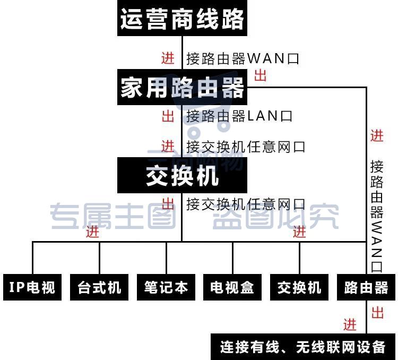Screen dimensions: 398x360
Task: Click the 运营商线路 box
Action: click(182, 18)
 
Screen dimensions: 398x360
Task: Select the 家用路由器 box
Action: click(182, 87)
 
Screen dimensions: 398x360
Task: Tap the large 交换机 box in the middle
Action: click(182, 175)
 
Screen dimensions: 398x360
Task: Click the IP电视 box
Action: click(32, 287)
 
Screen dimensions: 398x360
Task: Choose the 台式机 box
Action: click(99, 287)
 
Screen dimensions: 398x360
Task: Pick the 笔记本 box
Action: click(166, 287)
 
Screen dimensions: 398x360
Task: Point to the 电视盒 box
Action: click(232, 287)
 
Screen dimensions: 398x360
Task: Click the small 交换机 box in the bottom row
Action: click(299, 287)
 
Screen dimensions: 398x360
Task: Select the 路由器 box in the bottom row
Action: click(366, 287)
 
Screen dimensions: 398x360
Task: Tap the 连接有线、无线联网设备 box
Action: click(303, 347)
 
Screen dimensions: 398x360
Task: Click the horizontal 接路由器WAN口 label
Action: click(243, 58)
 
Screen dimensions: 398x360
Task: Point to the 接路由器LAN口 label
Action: click(239, 116)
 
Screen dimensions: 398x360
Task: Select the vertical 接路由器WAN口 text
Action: click(376, 216)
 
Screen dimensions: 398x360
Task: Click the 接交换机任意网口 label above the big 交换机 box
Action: click(246, 147)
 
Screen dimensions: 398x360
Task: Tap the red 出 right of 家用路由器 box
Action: click(261, 75)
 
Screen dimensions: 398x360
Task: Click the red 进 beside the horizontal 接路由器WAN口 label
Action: click(168, 58)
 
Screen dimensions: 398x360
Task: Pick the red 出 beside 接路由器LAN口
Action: click(168, 116)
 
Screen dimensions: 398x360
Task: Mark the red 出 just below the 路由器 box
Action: click(377, 313)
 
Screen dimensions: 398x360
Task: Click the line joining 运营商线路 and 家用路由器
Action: click(182, 53)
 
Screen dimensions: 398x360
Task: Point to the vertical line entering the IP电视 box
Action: click(32, 258)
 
